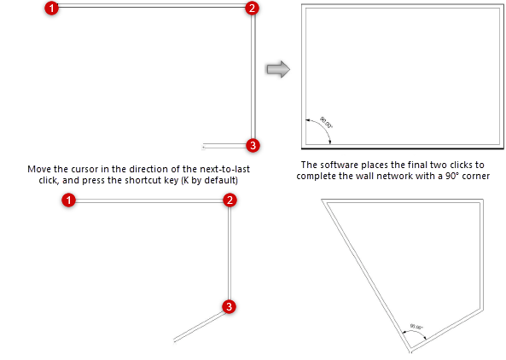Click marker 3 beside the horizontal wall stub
coord(252,144)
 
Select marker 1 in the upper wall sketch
coord(52,9)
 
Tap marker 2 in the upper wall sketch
coord(251,9)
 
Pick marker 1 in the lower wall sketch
coord(70,200)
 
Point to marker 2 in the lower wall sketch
coord(229,200)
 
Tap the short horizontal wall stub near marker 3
coord(224,145)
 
